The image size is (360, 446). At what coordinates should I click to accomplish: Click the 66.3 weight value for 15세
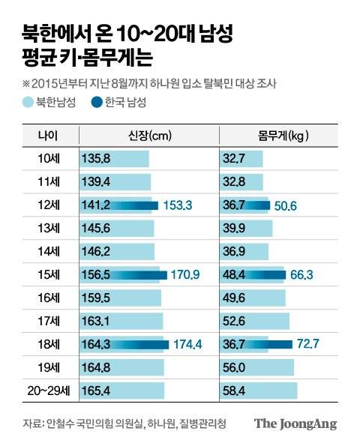click(304, 274)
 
